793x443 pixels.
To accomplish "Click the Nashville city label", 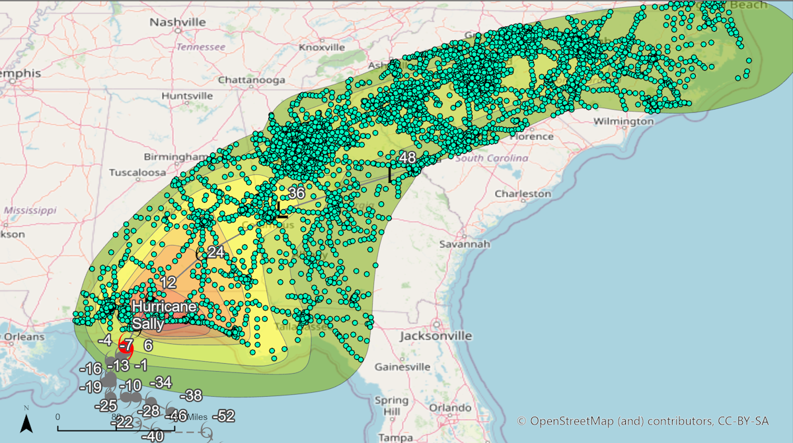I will coord(178,22).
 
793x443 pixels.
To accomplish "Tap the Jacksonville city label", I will coord(435,336).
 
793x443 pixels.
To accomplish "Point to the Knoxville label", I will coord(322,48).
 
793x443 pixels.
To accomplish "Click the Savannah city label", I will coord(468,244).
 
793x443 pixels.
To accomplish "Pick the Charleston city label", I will coord(523,194).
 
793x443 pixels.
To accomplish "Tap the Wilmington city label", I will coord(623,121).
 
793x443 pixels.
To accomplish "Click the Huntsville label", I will coord(187,96).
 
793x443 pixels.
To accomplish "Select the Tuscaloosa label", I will coord(137,172).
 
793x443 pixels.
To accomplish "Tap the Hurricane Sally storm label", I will coord(163,315).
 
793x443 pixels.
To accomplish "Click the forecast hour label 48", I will coord(407,158).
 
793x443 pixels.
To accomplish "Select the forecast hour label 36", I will coord(297,193).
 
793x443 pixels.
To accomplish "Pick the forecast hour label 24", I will coord(216,252).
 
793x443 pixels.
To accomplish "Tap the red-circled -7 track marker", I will coord(126,345).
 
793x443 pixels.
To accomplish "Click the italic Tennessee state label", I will coord(201,47).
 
